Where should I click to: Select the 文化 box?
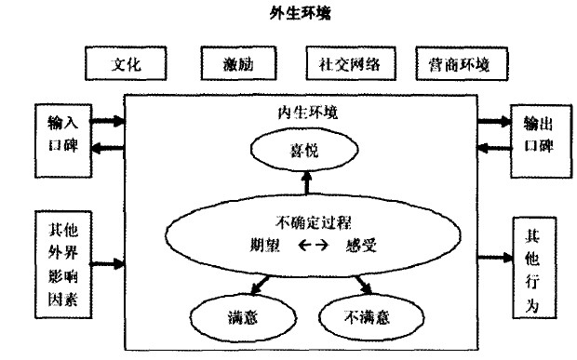pyautogui.click(x=127, y=65)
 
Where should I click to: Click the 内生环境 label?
pyautogui.click(x=300, y=113)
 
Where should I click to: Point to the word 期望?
pyautogui.click(x=256, y=246)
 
